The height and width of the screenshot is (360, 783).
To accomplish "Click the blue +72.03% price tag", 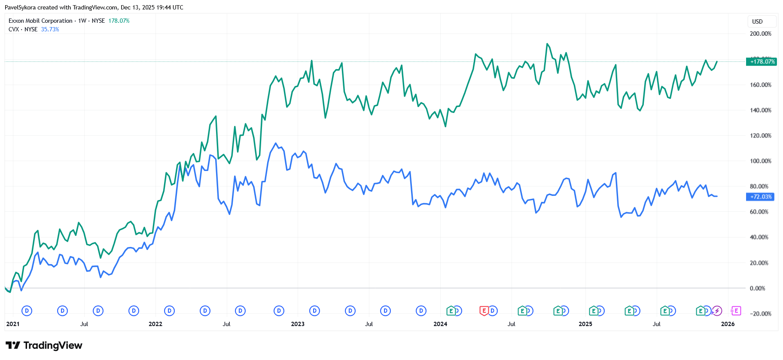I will pos(760,197).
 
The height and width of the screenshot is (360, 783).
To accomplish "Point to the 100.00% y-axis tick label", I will pos(760,161).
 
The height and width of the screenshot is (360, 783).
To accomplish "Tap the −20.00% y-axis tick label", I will pos(760,314).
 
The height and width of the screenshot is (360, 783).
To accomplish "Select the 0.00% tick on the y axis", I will pos(757,288).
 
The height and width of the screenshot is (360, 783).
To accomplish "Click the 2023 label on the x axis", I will pos(298,324).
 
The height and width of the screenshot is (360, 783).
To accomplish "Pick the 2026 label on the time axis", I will pos(728,324).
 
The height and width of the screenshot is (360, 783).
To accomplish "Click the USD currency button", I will pos(757,21).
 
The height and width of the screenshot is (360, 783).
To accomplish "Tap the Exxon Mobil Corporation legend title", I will pos(40,21).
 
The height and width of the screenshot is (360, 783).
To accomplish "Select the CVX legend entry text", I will pos(14,29).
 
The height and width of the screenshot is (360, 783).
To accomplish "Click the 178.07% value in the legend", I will pos(119,21).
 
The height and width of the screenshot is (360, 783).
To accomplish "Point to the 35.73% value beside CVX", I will pos(50,29).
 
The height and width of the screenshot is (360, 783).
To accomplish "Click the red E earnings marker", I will pos(484,311).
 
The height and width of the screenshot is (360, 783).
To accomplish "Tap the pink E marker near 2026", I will pos(736,311).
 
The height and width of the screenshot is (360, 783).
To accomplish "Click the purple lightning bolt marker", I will pos(717,311).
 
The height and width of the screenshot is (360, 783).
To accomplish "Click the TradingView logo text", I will pos(52,345).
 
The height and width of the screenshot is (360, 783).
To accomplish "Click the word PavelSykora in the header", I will pos(20,7).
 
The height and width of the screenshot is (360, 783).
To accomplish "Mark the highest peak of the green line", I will pos(547,43).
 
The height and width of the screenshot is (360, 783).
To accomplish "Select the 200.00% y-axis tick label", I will pos(760,34).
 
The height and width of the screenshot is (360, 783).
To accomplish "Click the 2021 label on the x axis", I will pos(13,324).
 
